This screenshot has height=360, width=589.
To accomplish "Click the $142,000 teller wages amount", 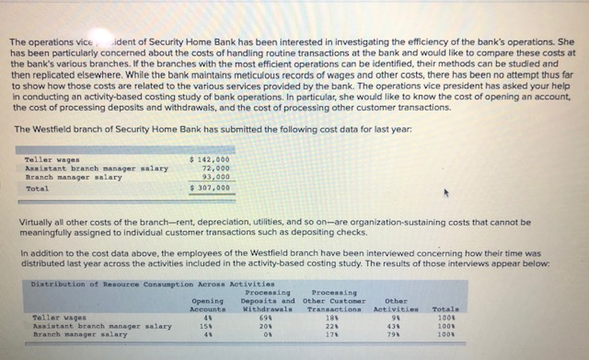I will click(209, 160).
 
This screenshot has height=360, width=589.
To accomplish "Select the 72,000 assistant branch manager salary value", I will click(214, 168).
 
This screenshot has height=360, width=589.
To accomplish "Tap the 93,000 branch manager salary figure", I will click(214, 177).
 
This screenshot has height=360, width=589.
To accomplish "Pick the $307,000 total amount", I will click(209, 188).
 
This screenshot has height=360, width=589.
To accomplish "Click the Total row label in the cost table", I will click(37, 188).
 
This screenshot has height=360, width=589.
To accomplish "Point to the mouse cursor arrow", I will click(447, 194).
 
